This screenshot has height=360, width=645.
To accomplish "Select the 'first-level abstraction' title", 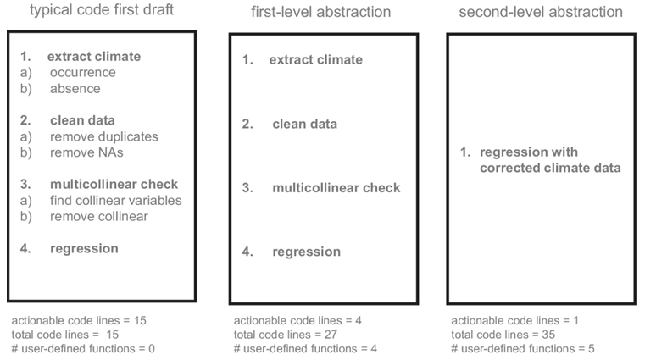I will coord(321,13).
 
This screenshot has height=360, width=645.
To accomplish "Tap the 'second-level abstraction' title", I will coord(540,12).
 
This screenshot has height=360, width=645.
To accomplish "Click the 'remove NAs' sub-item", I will coord(93,152).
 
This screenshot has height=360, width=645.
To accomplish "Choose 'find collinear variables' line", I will coord(115,201).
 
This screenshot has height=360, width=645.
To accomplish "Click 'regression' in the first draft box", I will coord(84,248).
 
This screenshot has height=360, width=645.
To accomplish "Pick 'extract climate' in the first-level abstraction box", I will coord(315,60).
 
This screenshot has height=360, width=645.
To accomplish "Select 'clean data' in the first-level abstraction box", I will coord(304,125).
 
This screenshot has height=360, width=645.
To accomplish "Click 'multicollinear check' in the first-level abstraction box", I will coord(335,187).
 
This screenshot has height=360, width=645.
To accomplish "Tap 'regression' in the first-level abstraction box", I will coord(306,252).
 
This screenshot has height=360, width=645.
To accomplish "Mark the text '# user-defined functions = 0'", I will coord(83,348).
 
